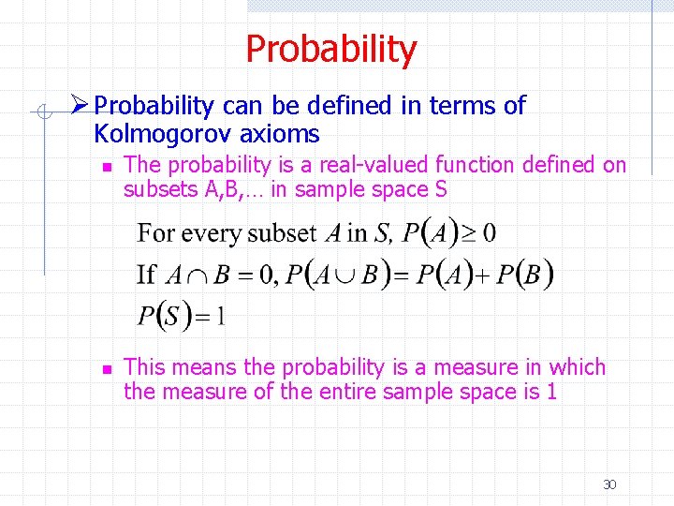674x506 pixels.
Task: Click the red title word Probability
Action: (x=330, y=50)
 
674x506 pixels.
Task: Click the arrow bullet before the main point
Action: (x=81, y=106)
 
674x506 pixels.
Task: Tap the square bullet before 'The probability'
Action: (x=107, y=166)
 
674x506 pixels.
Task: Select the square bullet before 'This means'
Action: (x=107, y=368)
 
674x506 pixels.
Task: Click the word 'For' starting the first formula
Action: (x=155, y=232)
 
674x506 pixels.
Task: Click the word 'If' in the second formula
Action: (x=146, y=275)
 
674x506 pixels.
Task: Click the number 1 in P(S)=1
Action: (x=220, y=316)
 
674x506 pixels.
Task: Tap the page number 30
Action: (x=609, y=484)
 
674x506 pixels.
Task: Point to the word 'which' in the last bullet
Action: (x=578, y=367)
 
